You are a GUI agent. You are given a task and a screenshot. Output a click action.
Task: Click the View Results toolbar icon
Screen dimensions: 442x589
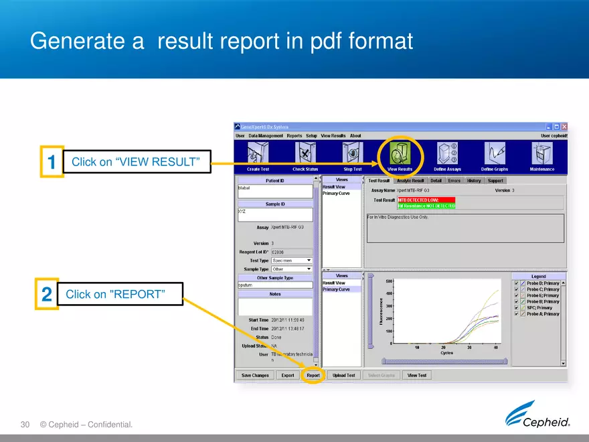(x=400, y=155)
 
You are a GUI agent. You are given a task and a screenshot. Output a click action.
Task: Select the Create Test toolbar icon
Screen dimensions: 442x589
(x=258, y=155)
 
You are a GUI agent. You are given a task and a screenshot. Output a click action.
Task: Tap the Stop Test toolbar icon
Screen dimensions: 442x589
(x=352, y=155)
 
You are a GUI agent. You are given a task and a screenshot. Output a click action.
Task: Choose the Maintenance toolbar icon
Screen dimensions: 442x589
(x=541, y=155)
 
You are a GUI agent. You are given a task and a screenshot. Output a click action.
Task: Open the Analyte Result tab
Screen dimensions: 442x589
(x=410, y=180)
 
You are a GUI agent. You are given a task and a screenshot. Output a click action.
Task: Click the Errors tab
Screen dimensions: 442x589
(x=454, y=180)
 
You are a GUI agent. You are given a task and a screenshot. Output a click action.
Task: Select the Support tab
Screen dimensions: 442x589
(x=495, y=180)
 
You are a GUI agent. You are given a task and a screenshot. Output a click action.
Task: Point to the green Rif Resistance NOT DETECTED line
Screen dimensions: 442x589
(x=426, y=206)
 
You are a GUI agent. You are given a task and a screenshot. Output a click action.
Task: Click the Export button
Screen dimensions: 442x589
(x=288, y=376)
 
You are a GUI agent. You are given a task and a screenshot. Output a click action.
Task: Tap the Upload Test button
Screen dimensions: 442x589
(x=344, y=376)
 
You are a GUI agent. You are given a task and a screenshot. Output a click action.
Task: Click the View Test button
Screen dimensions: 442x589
(x=417, y=376)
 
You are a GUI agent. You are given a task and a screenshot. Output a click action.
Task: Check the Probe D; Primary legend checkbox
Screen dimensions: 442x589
(x=516, y=283)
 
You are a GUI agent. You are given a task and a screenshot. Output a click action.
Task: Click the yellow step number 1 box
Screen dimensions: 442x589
(x=52, y=161)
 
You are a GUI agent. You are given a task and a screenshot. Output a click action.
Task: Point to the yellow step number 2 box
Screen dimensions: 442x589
(x=46, y=295)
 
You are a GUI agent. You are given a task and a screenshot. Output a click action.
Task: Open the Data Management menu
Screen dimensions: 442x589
(x=266, y=136)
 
